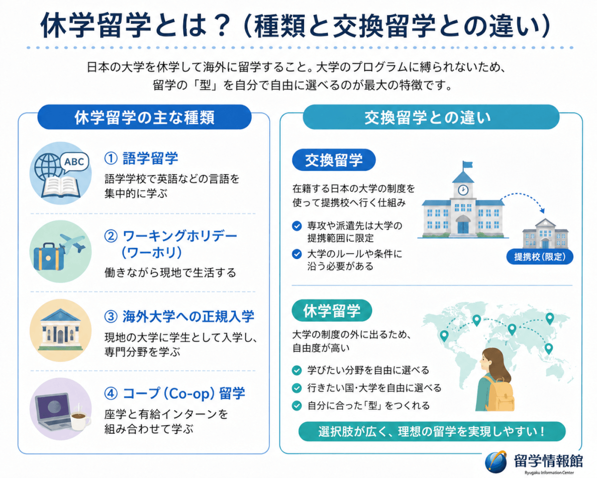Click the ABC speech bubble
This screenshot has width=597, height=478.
74,162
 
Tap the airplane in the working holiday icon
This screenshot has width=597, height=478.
73,242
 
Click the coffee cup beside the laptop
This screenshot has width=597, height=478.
80,418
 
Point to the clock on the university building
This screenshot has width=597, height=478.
463,190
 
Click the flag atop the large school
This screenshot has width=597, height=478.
467,164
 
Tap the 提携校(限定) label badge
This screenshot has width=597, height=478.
540,256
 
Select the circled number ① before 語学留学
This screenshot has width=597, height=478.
111,158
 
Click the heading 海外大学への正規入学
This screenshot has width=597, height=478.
189,316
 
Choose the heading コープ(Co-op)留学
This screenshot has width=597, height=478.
184,393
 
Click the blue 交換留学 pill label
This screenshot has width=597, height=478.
334,160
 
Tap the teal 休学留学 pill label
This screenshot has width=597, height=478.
332,310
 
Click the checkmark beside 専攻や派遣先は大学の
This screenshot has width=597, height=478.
297,226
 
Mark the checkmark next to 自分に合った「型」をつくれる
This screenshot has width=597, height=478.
297,405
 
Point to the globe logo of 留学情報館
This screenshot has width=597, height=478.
496,462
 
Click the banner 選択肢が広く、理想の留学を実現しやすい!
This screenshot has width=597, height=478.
432,431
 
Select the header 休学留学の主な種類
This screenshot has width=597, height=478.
144,117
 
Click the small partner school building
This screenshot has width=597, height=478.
545,234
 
